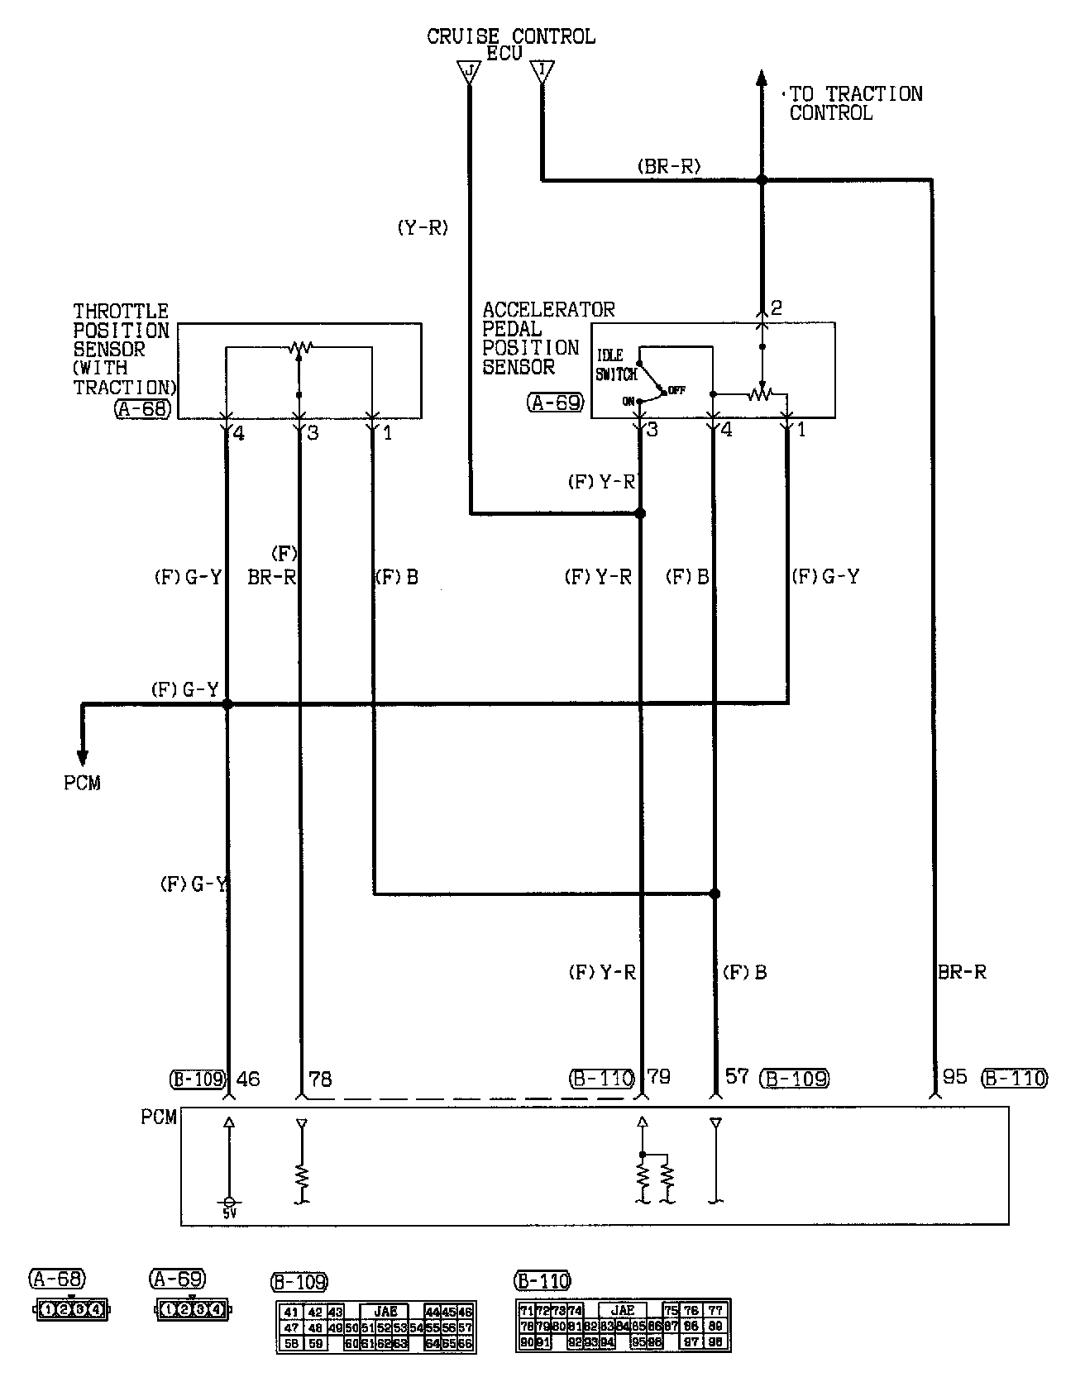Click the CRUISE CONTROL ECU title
(x=510, y=44)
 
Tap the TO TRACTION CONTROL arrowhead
(x=761, y=79)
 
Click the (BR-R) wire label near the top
(x=669, y=166)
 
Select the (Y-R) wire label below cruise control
(x=423, y=228)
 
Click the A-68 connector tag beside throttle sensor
(x=144, y=407)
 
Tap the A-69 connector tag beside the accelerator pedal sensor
(x=555, y=403)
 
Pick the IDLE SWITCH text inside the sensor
(x=616, y=365)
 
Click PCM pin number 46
(x=249, y=1078)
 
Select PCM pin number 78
(x=319, y=1078)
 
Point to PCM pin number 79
(x=659, y=1076)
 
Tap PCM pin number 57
(x=737, y=1076)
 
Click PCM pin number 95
(x=954, y=1076)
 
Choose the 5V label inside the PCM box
(x=229, y=1213)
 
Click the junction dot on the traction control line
(x=762, y=179)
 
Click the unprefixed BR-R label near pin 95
(x=962, y=972)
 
